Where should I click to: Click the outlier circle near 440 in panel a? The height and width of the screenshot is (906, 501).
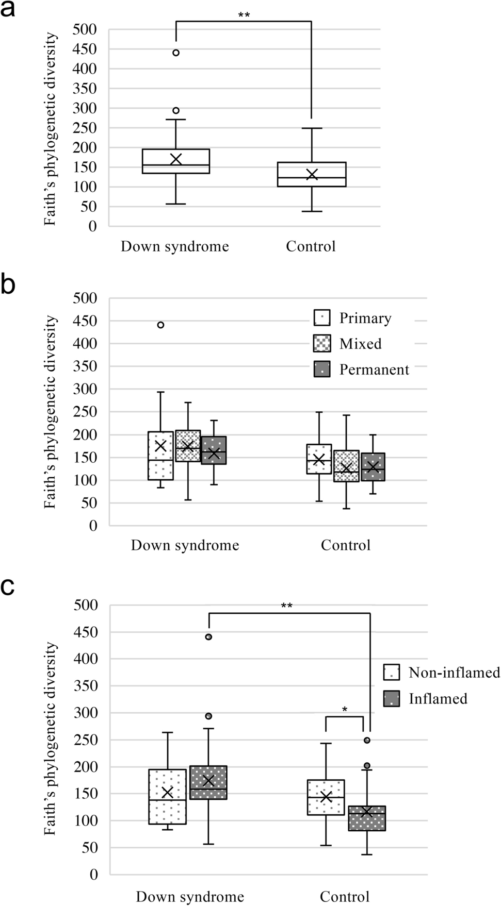pos(176,53)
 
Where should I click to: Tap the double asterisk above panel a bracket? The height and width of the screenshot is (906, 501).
pos(244,15)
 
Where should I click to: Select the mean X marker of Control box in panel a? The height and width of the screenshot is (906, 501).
pos(312,174)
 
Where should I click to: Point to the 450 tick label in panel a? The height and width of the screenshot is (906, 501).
pos(85,49)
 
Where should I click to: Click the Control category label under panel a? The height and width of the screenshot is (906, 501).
pos(311,246)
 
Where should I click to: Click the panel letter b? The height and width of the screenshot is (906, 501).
pos(8,285)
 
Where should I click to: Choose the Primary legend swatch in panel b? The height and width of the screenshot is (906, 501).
pos(322,318)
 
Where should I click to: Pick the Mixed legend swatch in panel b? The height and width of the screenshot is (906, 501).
pos(322,343)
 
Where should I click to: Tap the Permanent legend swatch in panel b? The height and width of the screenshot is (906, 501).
pos(322,369)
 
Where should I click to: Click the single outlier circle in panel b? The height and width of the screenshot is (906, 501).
pos(160,325)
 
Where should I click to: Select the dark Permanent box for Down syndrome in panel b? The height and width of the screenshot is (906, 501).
pos(214,450)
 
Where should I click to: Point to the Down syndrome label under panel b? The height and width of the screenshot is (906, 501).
pos(185,545)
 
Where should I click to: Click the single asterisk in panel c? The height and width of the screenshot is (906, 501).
pos(345,710)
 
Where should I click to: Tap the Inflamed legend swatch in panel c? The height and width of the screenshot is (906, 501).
pos(392,698)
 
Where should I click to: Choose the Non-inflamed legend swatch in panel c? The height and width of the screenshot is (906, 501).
pos(392,673)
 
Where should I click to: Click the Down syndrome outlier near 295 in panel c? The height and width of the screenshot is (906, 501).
pos(208,716)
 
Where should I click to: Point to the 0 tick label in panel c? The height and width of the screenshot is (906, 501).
pos(93,874)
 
